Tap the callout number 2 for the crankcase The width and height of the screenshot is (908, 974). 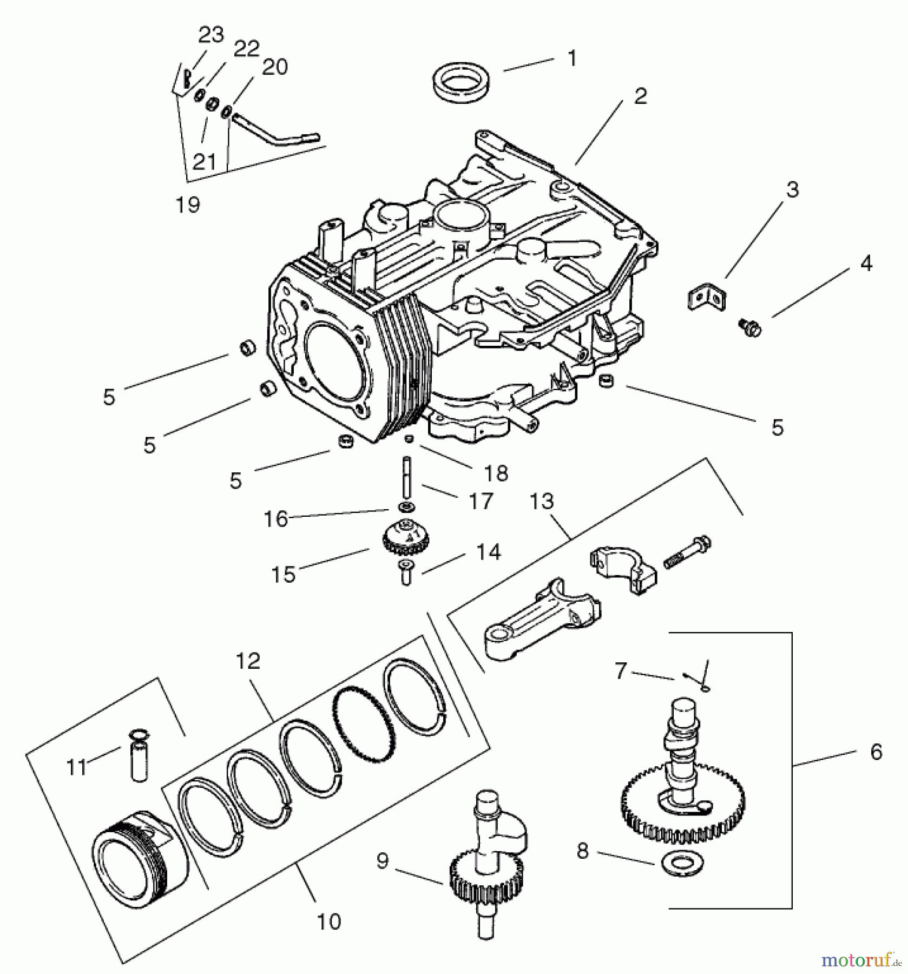pyautogui.click(x=640, y=96)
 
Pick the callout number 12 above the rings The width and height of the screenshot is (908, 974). pyautogui.click(x=248, y=661)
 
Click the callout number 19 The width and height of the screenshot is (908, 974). pyautogui.click(x=188, y=205)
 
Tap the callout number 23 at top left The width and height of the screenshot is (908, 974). pyautogui.click(x=211, y=35)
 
